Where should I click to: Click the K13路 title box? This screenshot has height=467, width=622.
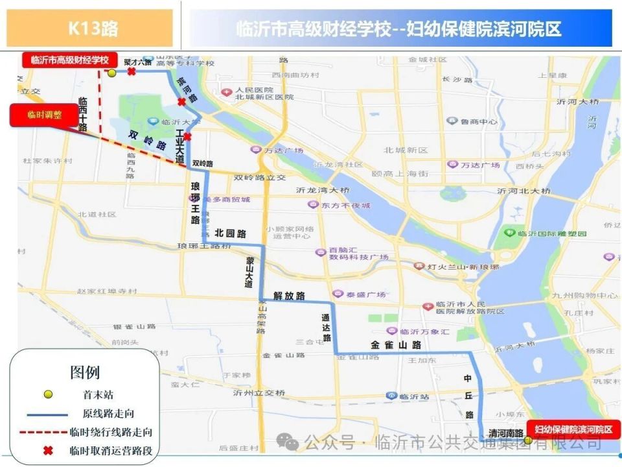click(x=90, y=29)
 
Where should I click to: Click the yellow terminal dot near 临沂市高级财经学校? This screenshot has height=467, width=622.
click(x=111, y=73)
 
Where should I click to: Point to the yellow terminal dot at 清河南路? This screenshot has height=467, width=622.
click(x=528, y=440)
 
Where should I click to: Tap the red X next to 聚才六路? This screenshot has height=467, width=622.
click(x=132, y=72)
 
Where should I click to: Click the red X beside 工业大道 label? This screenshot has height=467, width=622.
click(x=187, y=136)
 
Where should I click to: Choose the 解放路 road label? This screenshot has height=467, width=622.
click(x=289, y=296)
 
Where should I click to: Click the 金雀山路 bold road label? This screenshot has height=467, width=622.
click(x=396, y=345)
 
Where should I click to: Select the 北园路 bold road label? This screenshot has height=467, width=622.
click(x=231, y=233)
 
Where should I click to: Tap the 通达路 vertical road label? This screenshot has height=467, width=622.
click(x=327, y=329)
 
